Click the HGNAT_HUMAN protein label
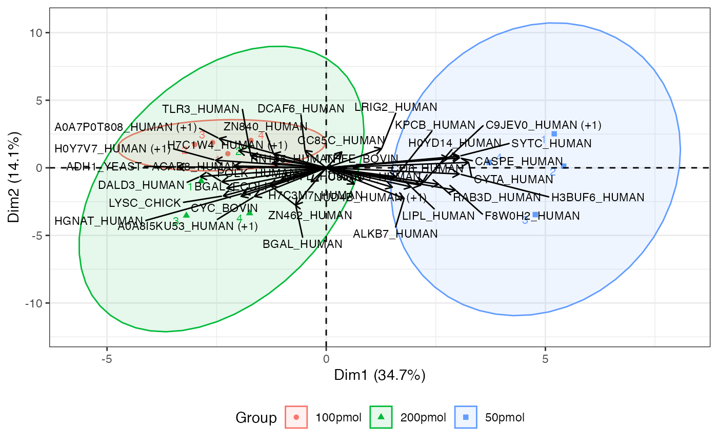coord(98,221)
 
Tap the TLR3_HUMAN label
coord(201,109)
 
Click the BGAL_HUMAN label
coord(303,244)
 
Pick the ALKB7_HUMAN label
coord(395,234)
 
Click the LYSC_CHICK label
coord(145,203)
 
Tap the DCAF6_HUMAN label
coord(301,109)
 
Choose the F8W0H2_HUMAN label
coord(532,216)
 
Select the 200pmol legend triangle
coord(381,417)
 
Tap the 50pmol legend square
coord(466,417)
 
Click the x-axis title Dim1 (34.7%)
coord(380,375)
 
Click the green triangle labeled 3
coord(186,215)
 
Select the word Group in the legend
coord(256,417)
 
